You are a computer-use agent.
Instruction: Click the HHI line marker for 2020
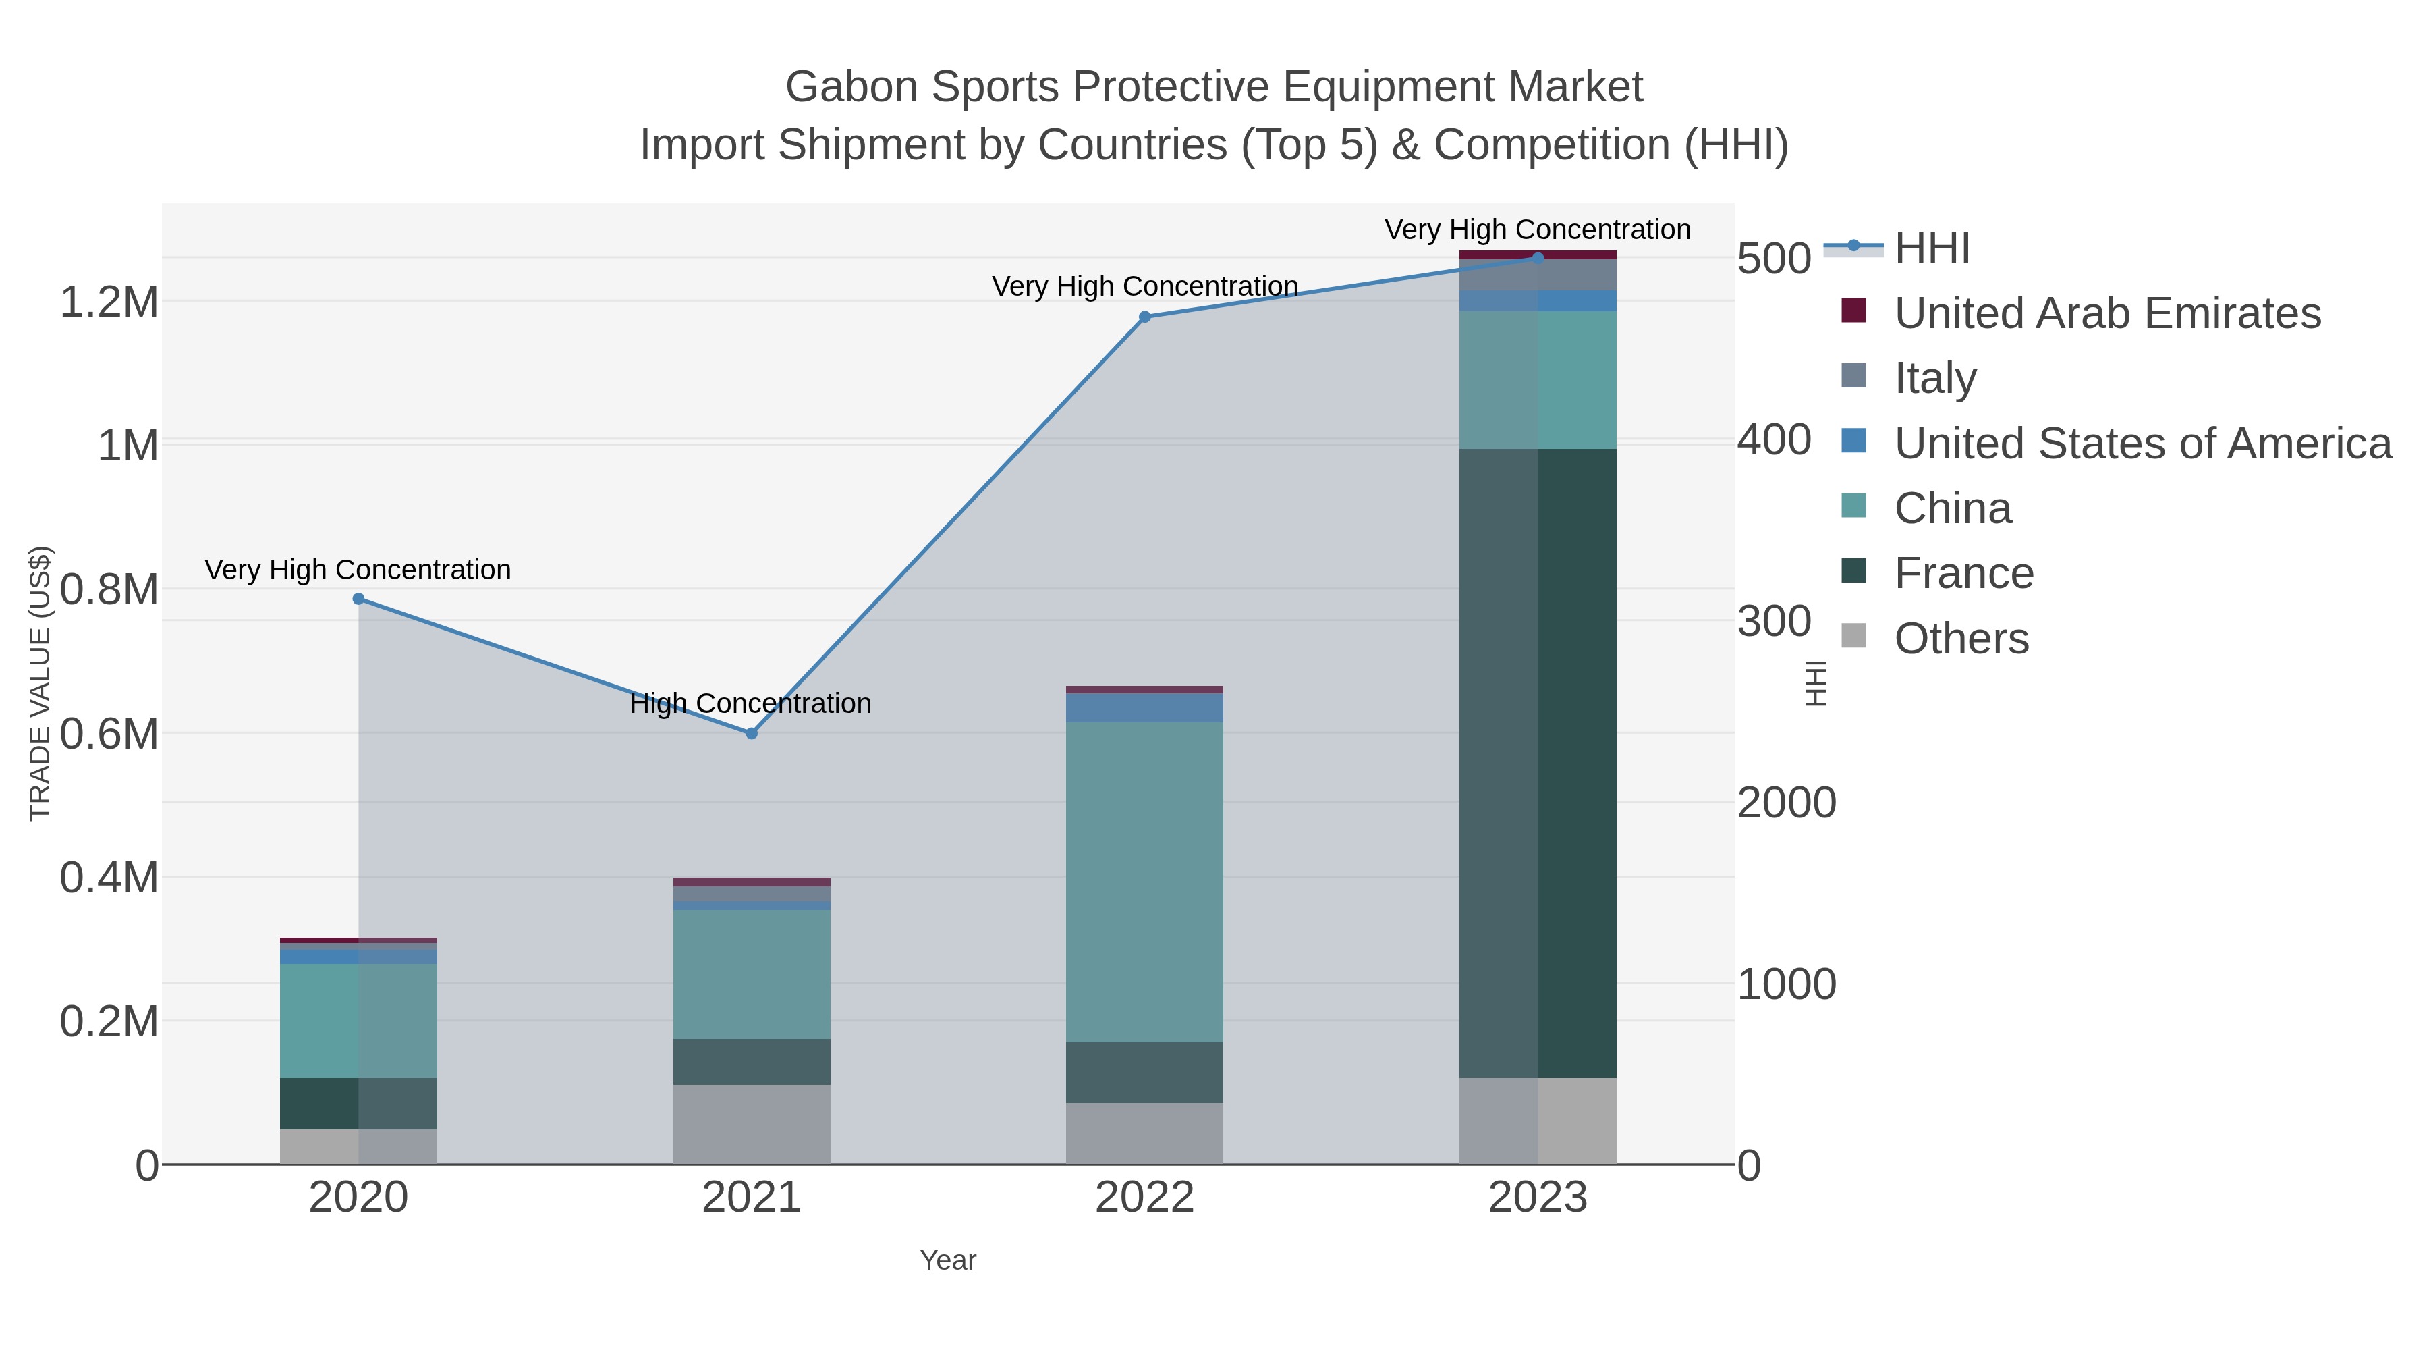pos(358,599)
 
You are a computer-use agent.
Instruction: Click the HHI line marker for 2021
pos(752,734)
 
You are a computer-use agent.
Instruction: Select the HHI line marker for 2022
pos(1145,317)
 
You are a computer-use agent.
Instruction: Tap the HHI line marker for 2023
pos(1538,258)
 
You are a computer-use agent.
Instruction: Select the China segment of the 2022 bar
pos(1145,882)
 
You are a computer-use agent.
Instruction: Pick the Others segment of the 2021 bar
pos(752,1125)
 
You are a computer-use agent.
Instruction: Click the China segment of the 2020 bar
pos(358,1021)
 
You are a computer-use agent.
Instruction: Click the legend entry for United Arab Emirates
pos(2106,313)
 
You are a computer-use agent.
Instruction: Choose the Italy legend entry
pos(1935,378)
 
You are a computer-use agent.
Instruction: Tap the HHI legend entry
pos(1931,248)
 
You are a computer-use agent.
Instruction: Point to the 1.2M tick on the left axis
pos(109,303)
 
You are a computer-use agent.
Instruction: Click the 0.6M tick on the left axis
pos(109,734)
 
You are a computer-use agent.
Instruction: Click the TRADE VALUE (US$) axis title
pos(40,683)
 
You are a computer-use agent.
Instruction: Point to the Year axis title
pos(948,1260)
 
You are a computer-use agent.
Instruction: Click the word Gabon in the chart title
pos(851,87)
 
